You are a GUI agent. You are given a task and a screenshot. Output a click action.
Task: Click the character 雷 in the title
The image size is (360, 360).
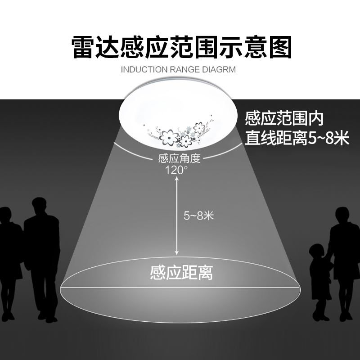click(85, 47)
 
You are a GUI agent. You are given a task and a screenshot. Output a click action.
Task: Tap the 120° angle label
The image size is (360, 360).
click(176, 170)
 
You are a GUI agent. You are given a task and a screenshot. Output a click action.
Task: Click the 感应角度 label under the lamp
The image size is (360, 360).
click(179, 158)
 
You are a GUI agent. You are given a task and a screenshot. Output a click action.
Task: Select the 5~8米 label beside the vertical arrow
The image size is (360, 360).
click(198, 216)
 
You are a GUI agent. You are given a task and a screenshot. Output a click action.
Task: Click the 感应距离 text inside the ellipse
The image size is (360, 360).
click(181, 273)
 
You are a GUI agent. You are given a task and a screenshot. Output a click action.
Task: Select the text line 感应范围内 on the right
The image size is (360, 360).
click(284, 118)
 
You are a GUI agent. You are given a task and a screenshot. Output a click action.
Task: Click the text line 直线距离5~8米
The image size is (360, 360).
click(297, 138)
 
